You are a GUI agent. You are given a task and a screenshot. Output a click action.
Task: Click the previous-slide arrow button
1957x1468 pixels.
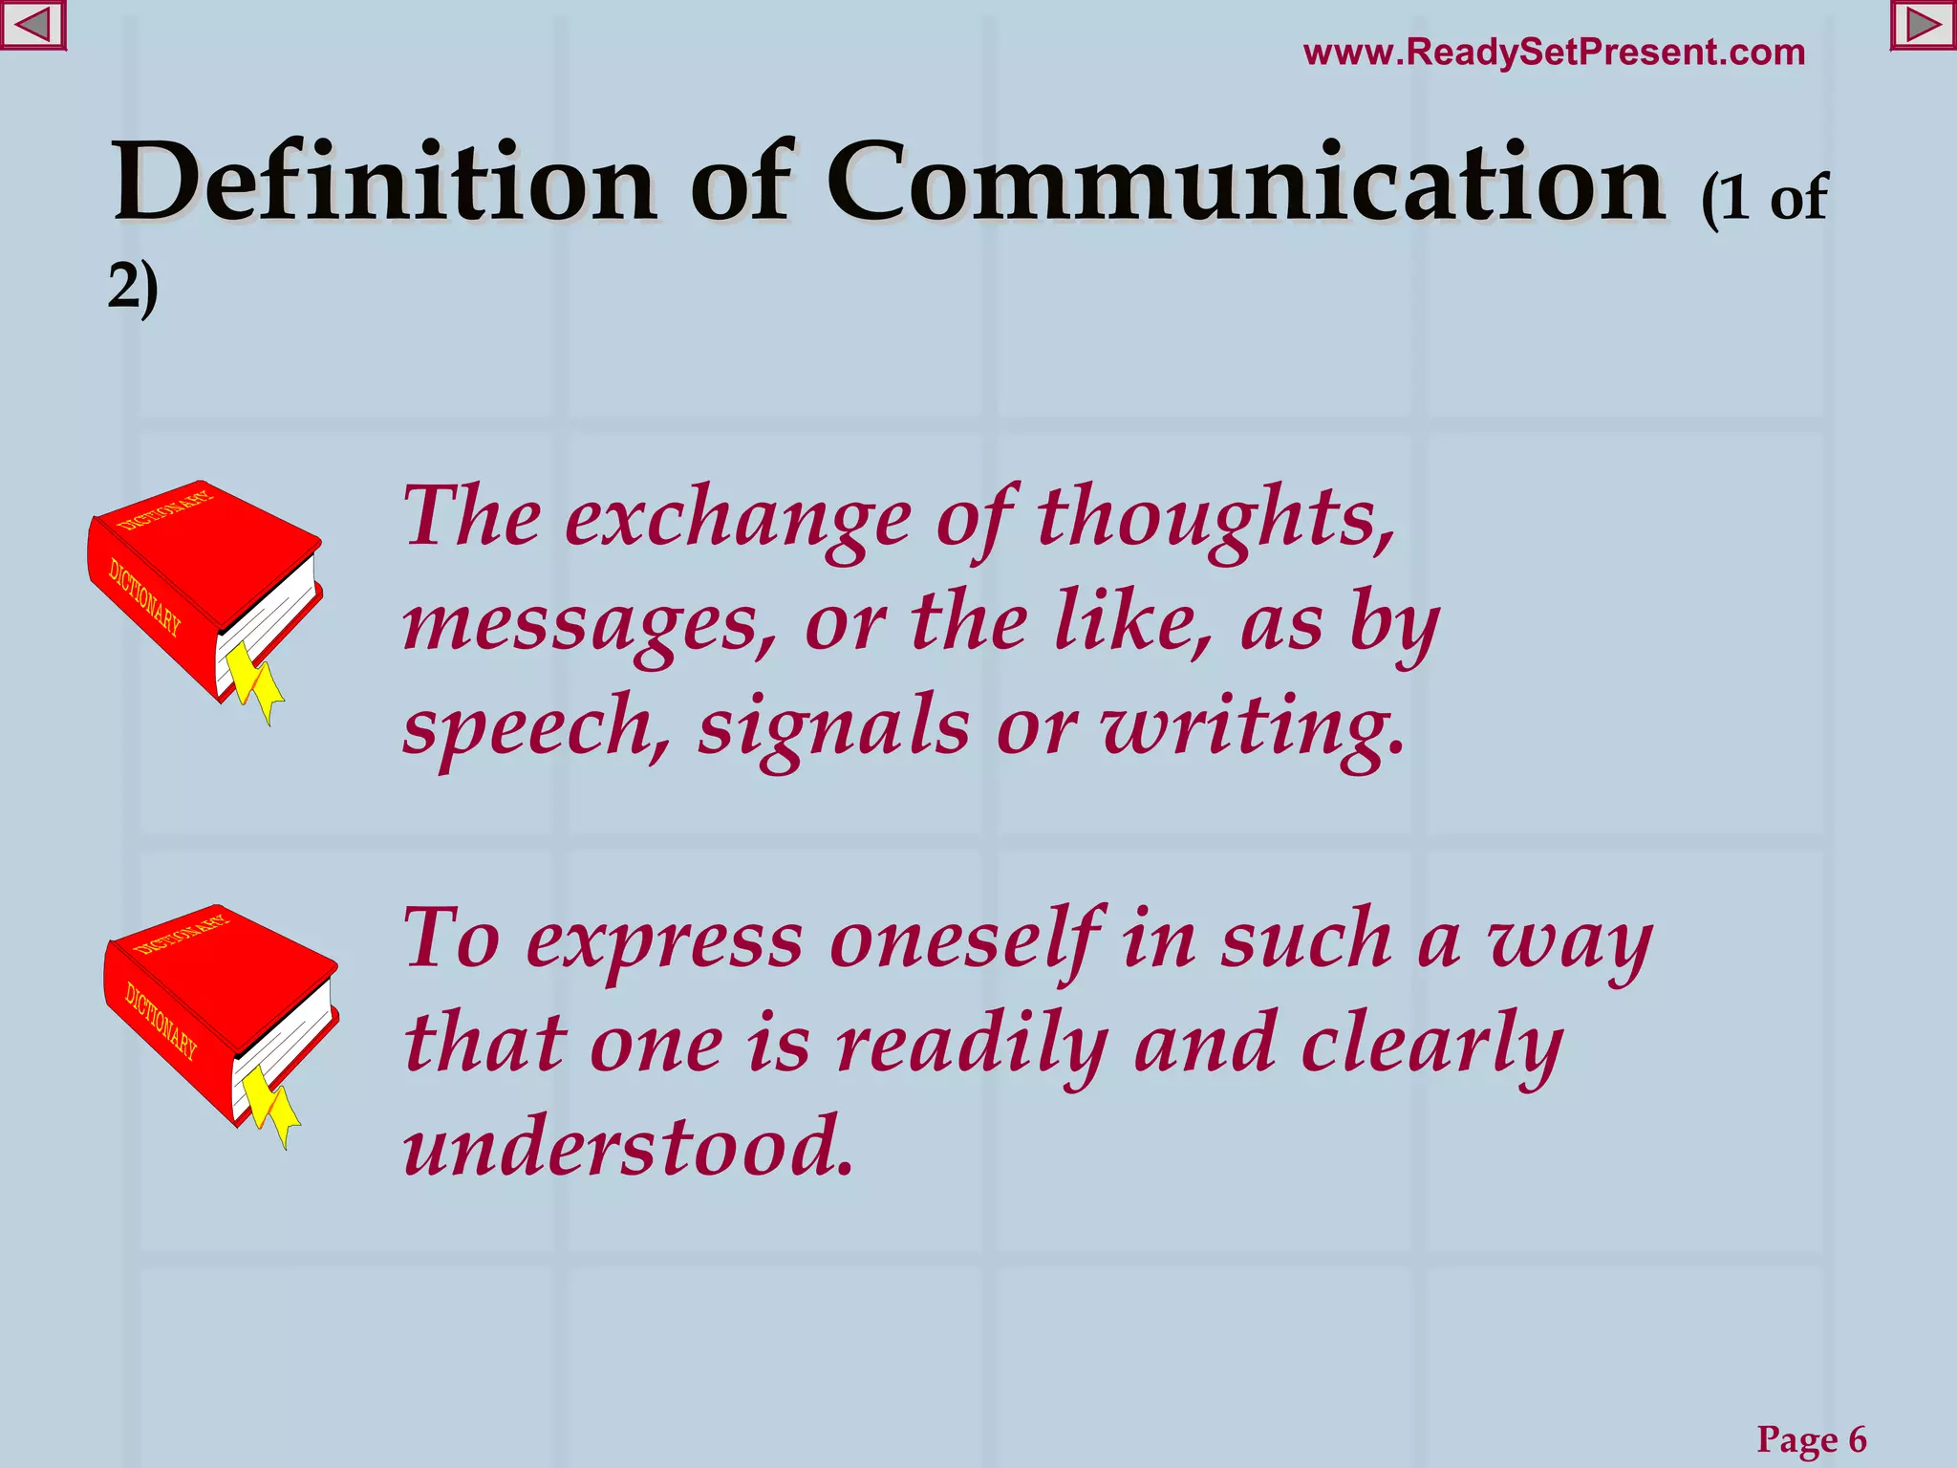(32, 26)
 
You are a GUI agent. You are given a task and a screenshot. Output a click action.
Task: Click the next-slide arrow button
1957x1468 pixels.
(1923, 26)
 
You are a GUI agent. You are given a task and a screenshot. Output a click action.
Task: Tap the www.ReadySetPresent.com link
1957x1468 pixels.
(1554, 53)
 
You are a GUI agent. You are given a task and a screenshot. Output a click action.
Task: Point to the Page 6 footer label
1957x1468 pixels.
(1811, 1438)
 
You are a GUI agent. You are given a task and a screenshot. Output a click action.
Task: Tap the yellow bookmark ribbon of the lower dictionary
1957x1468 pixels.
(271, 1105)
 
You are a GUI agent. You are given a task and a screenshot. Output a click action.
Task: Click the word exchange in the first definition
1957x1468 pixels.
(738, 521)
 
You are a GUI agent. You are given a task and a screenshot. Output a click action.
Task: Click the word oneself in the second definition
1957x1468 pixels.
(965, 941)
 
